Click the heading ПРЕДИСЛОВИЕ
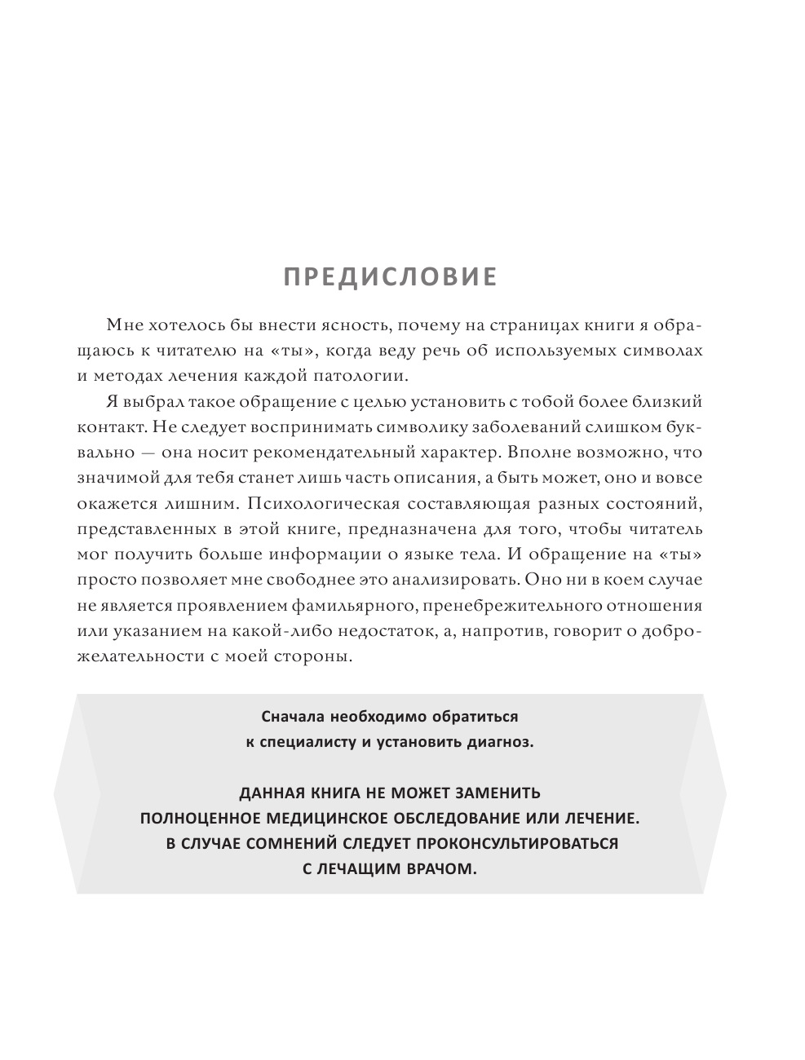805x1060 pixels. point(390,277)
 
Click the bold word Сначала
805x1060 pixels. point(294,717)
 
